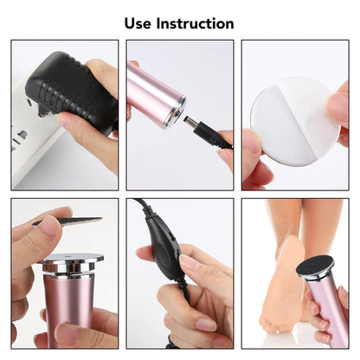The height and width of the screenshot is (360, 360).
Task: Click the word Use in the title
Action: pos(141,23)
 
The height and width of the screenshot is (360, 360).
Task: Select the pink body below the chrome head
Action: pos(69,303)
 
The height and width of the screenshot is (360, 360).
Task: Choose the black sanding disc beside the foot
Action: pos(314,267)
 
